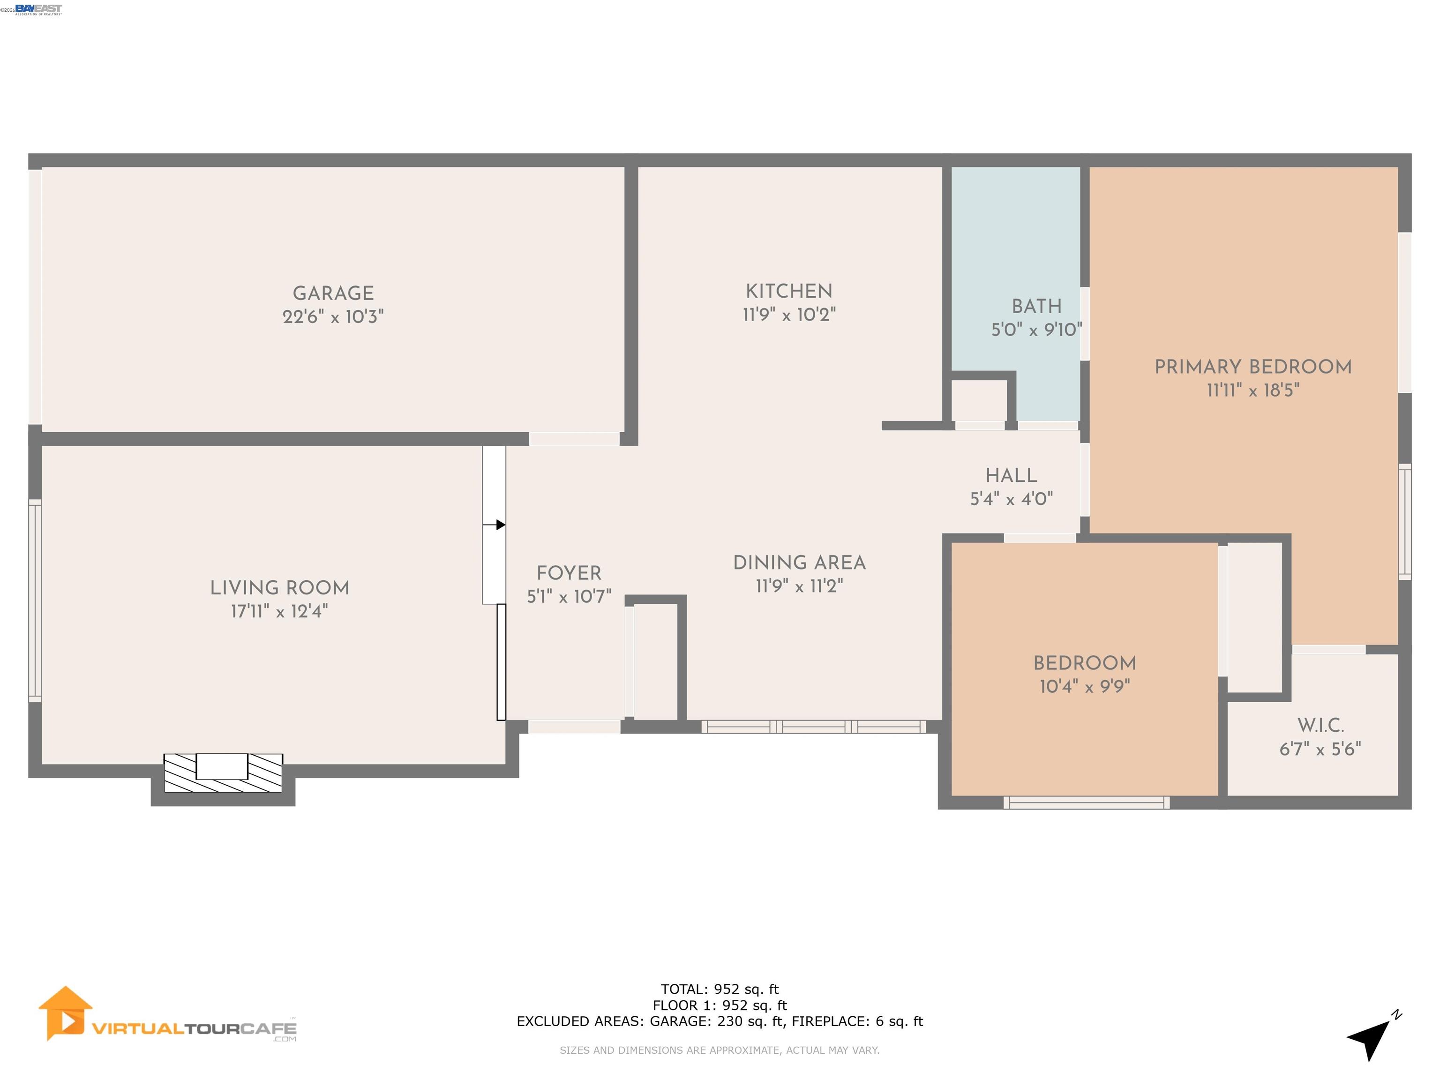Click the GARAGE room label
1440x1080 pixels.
click(333, 293)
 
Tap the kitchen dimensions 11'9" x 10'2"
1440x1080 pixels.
click(789, 315)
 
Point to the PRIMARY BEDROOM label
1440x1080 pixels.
click(1252, 367)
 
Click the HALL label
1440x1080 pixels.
click(1011, 476)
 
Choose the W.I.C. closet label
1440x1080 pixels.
click(1320, 725)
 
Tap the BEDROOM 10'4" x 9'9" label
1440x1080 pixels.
click(1085, 675)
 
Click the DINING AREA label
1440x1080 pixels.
click(799, 563)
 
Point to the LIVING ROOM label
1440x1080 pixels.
click(279, 588)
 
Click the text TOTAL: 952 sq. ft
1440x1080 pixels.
click(720, 990)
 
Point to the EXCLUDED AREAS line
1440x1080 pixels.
click(720, 1021)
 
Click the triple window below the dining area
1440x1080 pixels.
click(813, 727)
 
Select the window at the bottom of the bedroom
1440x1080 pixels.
click(1086, 802)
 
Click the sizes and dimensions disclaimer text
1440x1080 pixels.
click(720, 1050)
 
